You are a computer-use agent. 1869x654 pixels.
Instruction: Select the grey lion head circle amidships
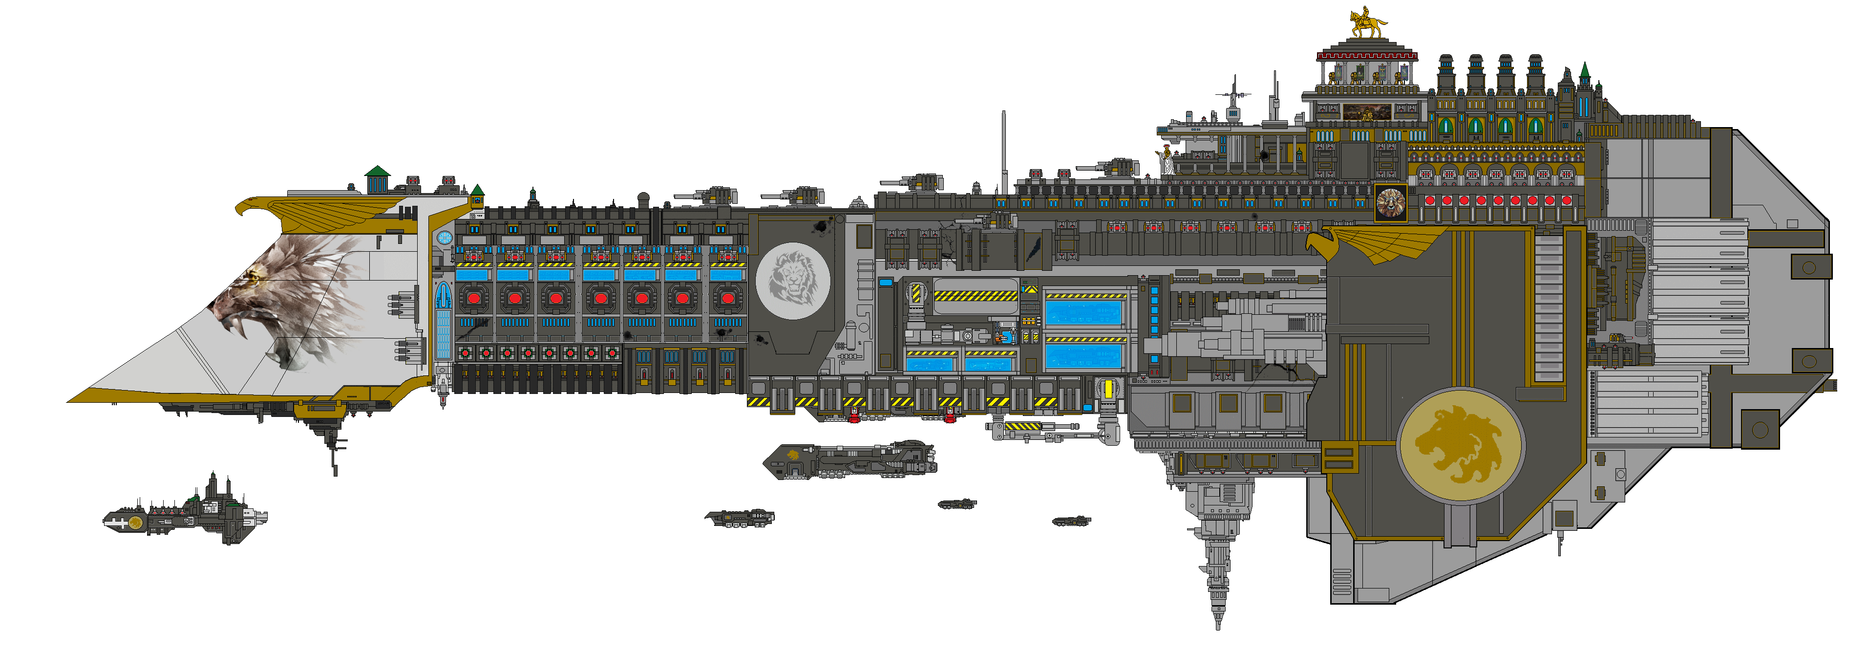(793, 281)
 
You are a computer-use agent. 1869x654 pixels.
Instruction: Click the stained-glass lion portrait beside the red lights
(1390, 202)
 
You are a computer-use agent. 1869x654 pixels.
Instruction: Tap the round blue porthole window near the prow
(445, 238)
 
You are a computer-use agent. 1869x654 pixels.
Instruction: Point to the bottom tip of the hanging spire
(1218, 626)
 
